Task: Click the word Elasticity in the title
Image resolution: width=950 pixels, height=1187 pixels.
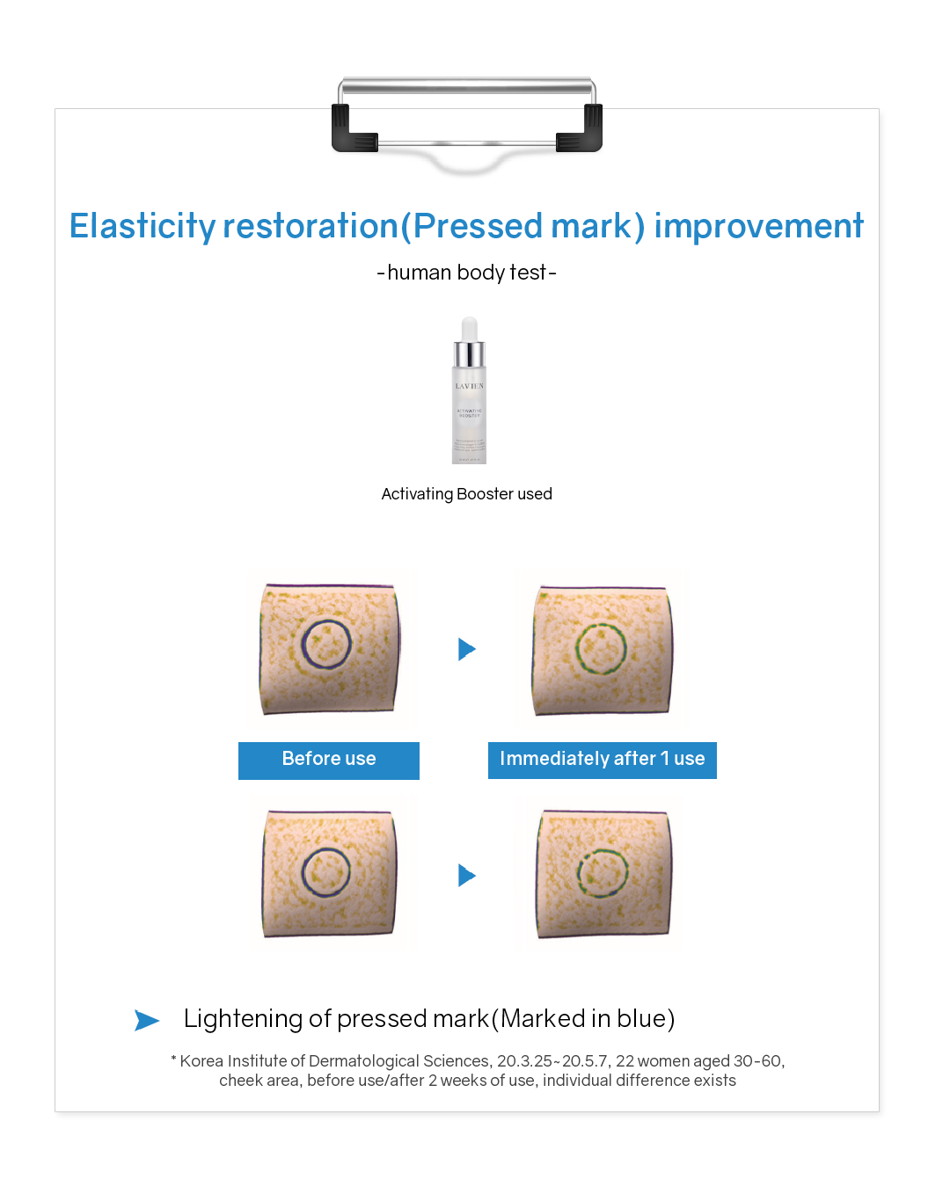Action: click(x=142, y=226)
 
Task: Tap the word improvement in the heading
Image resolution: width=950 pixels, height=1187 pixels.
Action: click(x=758, y=226)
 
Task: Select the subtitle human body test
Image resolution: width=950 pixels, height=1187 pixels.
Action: click(x=466, y=273)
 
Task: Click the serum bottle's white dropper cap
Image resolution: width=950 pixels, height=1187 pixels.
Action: click(x=469, y=329)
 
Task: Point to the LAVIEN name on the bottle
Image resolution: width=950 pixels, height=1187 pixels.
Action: click(x=469, y=386)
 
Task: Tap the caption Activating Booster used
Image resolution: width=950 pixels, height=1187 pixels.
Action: click(x=466, y=494)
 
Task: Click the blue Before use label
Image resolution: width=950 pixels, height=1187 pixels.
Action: click(x=329, y=760)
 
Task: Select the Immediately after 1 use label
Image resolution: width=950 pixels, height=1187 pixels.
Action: click(x=603, y=760)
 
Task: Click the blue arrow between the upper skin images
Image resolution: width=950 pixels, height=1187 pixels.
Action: click(x=467, y=650)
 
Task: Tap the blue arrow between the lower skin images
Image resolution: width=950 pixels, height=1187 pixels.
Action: click(x=467, y=876)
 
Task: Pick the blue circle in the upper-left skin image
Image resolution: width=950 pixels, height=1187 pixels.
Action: click(x=326, y=644)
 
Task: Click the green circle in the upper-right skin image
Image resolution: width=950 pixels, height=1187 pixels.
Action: click(x=601, y=649)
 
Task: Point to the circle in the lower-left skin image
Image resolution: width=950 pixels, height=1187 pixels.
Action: click(x=326, y=872)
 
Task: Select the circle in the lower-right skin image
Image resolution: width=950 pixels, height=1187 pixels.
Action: click(x=603, y=873)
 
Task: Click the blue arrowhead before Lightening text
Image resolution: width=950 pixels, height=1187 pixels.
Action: click(x=147, y=1020)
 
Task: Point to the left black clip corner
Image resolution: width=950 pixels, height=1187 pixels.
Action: click(x=351, y=130)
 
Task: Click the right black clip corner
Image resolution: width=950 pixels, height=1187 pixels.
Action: click(x=582, y=130)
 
